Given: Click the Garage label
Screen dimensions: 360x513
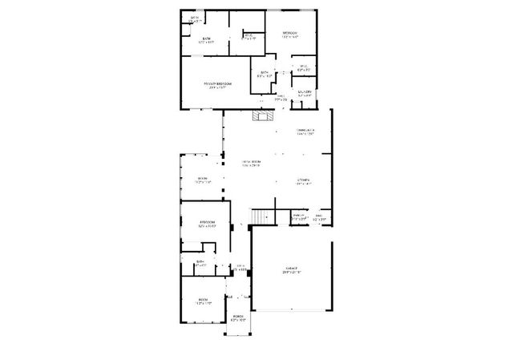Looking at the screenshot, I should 290,270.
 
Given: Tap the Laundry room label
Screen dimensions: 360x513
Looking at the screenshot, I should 305,92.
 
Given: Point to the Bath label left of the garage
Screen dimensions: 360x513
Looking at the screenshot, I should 200,261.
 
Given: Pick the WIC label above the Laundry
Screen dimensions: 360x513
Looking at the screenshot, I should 303,67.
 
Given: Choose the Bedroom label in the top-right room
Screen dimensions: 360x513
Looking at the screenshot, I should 289,34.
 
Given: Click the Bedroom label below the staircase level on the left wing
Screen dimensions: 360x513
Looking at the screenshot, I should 207,223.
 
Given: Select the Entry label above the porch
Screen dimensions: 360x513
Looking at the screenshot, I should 239,267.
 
